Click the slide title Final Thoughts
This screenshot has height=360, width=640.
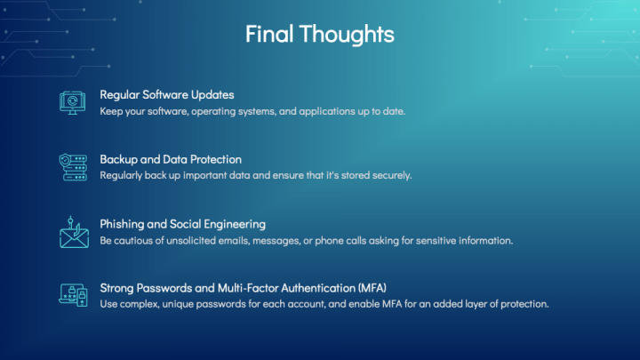coord(320,34)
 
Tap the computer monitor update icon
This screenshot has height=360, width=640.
coord(73,102)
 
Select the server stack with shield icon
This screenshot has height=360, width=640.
coord(73,167)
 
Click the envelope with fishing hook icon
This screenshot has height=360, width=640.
coord(74,232)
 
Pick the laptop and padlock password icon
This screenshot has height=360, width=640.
coord(74,295)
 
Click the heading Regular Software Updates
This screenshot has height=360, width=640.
coord(167,95)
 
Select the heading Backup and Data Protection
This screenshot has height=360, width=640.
coord(171,159)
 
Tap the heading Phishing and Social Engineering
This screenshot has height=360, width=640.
coord(182,224)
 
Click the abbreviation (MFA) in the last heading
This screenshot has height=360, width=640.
coord(372,288)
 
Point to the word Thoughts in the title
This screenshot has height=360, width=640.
coord(347,34)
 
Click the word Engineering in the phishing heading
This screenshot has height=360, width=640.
coord(235,225)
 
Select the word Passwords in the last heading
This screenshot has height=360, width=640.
coord(164,288)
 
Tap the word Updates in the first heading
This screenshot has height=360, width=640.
coord(212,95)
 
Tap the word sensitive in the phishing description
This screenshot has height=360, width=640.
coord(436,240)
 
